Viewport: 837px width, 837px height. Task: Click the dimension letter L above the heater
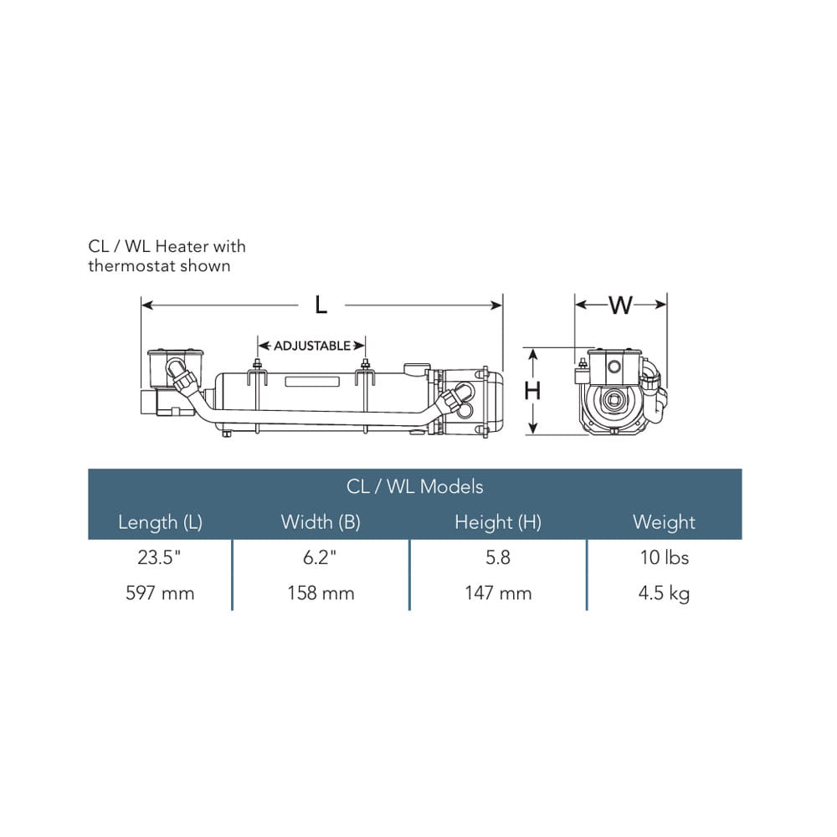coord(321,306)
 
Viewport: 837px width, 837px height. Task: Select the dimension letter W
coord(620,306)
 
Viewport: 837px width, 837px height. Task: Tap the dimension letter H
coord(532,391)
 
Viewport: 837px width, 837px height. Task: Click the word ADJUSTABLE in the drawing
coord(311,346)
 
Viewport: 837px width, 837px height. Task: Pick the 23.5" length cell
coord(159,557)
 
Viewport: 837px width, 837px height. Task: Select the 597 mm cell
coord(160,593)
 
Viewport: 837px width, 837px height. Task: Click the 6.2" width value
coord(320,557)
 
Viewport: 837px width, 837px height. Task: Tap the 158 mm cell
coord(321,593)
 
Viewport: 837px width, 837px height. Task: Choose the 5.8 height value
coord(498,557)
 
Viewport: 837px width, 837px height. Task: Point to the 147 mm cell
coord(498,593)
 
